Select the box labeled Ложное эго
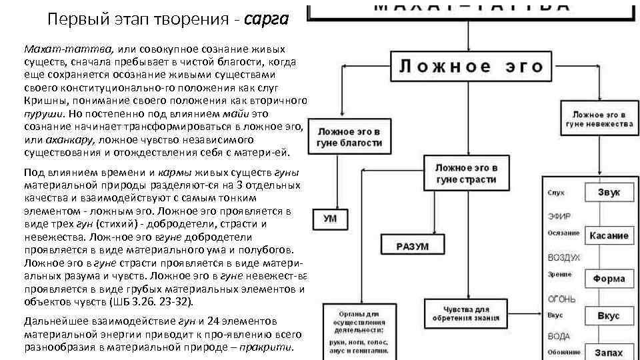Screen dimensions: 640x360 pyautogui.click(x=471, y=67)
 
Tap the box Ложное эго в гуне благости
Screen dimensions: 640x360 pyautogui.click(x=349, y=137)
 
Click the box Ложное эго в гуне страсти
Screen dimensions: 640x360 pyautogui.click(x=466, y=173)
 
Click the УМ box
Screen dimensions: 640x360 pyautogui.click(x=329, y=219)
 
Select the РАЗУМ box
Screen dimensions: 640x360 pyautogui.click(x=413, y=246)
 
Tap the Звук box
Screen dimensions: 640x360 pyautogui.click(x=607, y=192)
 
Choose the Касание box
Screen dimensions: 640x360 pyautogui.click(x=607, y=235)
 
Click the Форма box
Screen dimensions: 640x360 pyautogui.click(x=607, y=279)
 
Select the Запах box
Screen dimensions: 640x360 pyautogui.click(x=607, y=351)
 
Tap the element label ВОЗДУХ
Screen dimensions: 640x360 pyautogui.click(x=563, y=257)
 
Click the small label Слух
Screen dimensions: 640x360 pyautogui.click(x=555, y=193)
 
